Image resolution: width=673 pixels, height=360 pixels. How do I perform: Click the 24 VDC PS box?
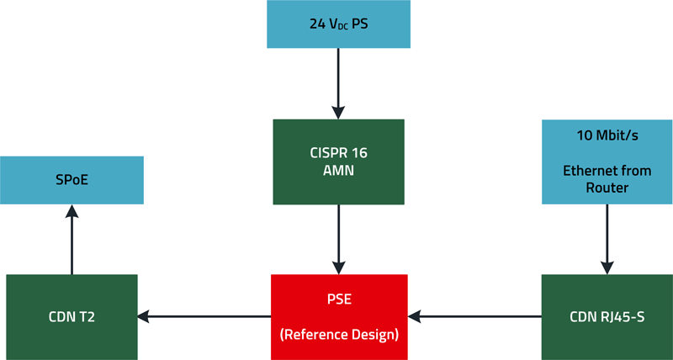[338, 24]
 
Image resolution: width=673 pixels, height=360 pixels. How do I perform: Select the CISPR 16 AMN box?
[338, 161]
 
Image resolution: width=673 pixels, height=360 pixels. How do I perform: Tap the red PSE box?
[339, 316]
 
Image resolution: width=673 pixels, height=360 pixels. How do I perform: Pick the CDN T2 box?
[71, 316]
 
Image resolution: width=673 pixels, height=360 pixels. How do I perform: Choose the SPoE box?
[71, 179]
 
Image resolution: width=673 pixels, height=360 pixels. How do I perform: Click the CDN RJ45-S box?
[607, 316]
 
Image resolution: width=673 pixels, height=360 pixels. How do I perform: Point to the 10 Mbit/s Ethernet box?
[607, 161]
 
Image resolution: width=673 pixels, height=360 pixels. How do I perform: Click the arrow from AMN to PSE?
[338, 239]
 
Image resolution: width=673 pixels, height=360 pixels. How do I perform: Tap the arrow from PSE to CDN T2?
[204, 316]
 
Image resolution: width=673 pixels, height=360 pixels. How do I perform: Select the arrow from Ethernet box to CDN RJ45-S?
[606, 239]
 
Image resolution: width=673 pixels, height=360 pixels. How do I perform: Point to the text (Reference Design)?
[339, 335]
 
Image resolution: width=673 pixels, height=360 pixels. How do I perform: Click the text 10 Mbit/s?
[607, 136]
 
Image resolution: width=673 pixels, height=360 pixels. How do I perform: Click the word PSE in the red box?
[339, 298]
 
